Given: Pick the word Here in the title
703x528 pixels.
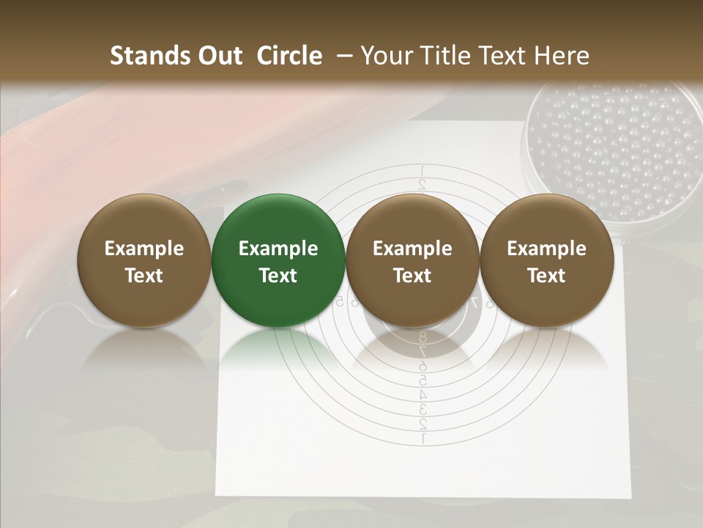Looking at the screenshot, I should [x=562, y=56].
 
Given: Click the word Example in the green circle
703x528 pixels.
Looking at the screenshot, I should [x=278, y=249].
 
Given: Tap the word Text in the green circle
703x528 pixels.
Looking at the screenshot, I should [x=278, y=276].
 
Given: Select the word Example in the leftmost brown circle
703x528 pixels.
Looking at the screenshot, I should [x=144, y=249].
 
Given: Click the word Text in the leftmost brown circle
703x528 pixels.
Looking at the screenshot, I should [x=144, y=276].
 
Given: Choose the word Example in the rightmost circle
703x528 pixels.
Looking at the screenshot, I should [x=546, y=249].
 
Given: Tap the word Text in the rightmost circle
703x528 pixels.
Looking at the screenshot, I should [x=546, y=276].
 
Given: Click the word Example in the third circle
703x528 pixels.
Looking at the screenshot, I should [x=412, y=249].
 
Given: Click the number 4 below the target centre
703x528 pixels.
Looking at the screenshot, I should [x=423, y=395].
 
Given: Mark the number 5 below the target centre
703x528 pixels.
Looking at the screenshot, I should [x=423, y=381].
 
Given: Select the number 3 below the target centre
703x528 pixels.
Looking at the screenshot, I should [x=423, y=409].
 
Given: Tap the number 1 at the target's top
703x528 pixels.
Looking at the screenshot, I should [x=423, y=171].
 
